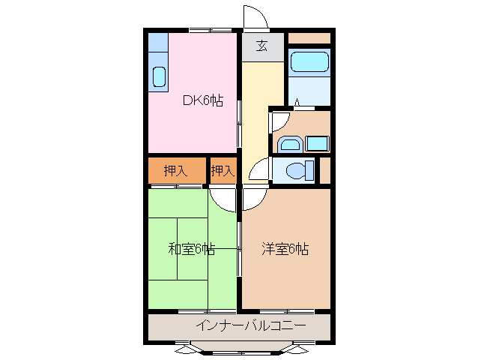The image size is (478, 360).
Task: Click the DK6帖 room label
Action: pyautogui.click(x=204, y=100)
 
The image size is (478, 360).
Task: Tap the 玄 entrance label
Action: pyautogui.click(x=262, y=46)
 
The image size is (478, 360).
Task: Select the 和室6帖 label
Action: pyautogui.click(x=191, y=249)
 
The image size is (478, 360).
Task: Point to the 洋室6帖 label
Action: pyautogui.click(x=285, y=249)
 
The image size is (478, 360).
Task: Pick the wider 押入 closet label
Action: pyautogui.click(x=175, y=171)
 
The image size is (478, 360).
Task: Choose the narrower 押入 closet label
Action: pyautogui.click(x=223, y=171)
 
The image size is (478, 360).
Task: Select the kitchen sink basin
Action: pyautogui.click(x=159, y=76)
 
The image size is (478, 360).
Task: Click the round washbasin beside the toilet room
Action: pyautogui.click(x=288, y=144)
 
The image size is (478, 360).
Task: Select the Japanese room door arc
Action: pyautogui.click(x=223, y=196)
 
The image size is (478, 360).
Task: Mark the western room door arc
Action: pyautogui.click(x=252, y=196)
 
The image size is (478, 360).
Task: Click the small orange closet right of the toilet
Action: pyautogui.click(x=326, y=170)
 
